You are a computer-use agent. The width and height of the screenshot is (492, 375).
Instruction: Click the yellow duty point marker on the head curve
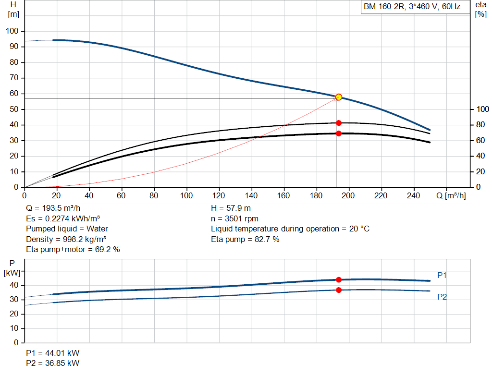[x=339, y=97]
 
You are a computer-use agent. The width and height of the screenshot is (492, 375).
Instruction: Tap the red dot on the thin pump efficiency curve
[x=339, y=123]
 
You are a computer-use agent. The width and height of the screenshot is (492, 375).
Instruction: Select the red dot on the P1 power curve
[x=339, y=279]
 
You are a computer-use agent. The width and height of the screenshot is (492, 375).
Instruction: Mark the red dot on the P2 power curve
[x=339, y=290]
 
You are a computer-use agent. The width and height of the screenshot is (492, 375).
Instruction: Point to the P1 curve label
[x=442, y=275]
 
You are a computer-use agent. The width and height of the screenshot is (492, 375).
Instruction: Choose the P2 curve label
[x=442, y=297]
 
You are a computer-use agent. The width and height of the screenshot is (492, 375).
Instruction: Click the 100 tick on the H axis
[x=12, y=31]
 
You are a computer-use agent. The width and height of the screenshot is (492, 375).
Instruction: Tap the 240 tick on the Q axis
[x=413, y=195]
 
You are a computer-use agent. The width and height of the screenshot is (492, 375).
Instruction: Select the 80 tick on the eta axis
[x=480, y=124]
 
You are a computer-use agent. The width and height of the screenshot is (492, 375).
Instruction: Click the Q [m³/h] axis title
[x=451, y=195]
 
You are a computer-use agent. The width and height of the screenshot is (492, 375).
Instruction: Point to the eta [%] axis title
[x=480, y=10]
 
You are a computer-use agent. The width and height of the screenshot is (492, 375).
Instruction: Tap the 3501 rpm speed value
[x=242, y=218]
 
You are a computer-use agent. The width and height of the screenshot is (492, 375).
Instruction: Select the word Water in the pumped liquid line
[x=97, y=229]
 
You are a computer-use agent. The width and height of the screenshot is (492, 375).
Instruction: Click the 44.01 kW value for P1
[x=62, y=353]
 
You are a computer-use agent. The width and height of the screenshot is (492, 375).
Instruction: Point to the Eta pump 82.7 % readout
[x=245, y=239]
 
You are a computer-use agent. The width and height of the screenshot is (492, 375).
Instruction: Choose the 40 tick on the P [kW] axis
[x=14, y=285]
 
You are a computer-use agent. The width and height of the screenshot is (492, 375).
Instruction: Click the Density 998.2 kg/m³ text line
[x=66, y=239]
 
